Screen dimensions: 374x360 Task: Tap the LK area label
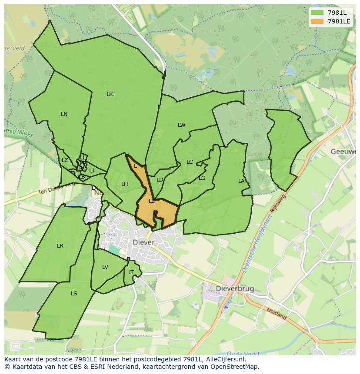tap(110, 94)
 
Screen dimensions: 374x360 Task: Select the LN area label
tap(64, 114)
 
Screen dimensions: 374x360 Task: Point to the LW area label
tap(181, 125)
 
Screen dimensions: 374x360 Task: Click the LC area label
tap(190, 162)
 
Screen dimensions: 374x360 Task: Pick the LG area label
tap(202, 178)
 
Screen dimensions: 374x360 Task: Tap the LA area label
tap(241, 181)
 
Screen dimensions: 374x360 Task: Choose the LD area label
tap(160, 180)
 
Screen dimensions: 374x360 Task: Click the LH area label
tap(124, 184)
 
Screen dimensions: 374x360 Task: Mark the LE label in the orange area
tap(152, 201)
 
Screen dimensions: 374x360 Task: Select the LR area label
tap(60, 246)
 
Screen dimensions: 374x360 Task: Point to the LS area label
tap(74, 294)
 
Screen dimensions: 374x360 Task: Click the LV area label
tap(105, 267)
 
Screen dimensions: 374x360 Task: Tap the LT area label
tap(131, 272)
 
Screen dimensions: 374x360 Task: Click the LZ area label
tap(65, 160)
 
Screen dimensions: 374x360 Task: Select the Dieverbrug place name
tap(235, 289)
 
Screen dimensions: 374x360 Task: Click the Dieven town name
tap(143, 242)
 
